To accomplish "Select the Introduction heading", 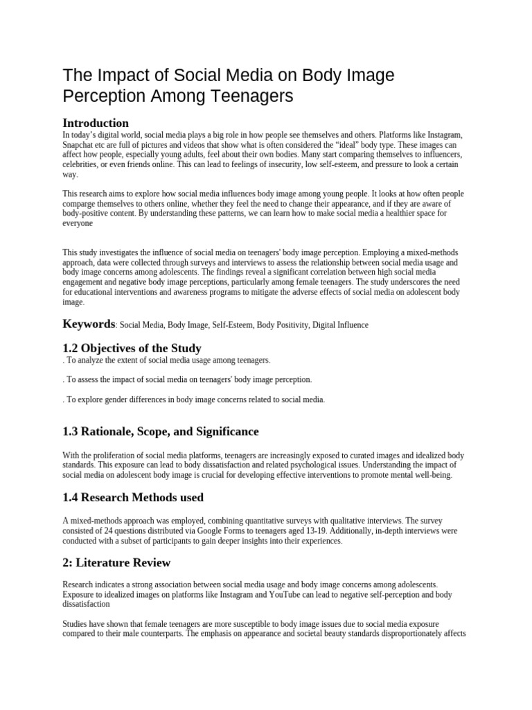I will click(96, 123).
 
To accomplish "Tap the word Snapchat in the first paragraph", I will click(79, 144).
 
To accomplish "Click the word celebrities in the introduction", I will click(80, 164).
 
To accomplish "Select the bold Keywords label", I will click(89, 324).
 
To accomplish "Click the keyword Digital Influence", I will click(340, 324).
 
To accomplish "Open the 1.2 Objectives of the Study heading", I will click(132, 348).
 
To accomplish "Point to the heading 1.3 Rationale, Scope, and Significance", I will click(161, 431).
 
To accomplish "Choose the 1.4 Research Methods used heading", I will click(133, 497).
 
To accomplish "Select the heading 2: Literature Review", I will click(116, 562).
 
